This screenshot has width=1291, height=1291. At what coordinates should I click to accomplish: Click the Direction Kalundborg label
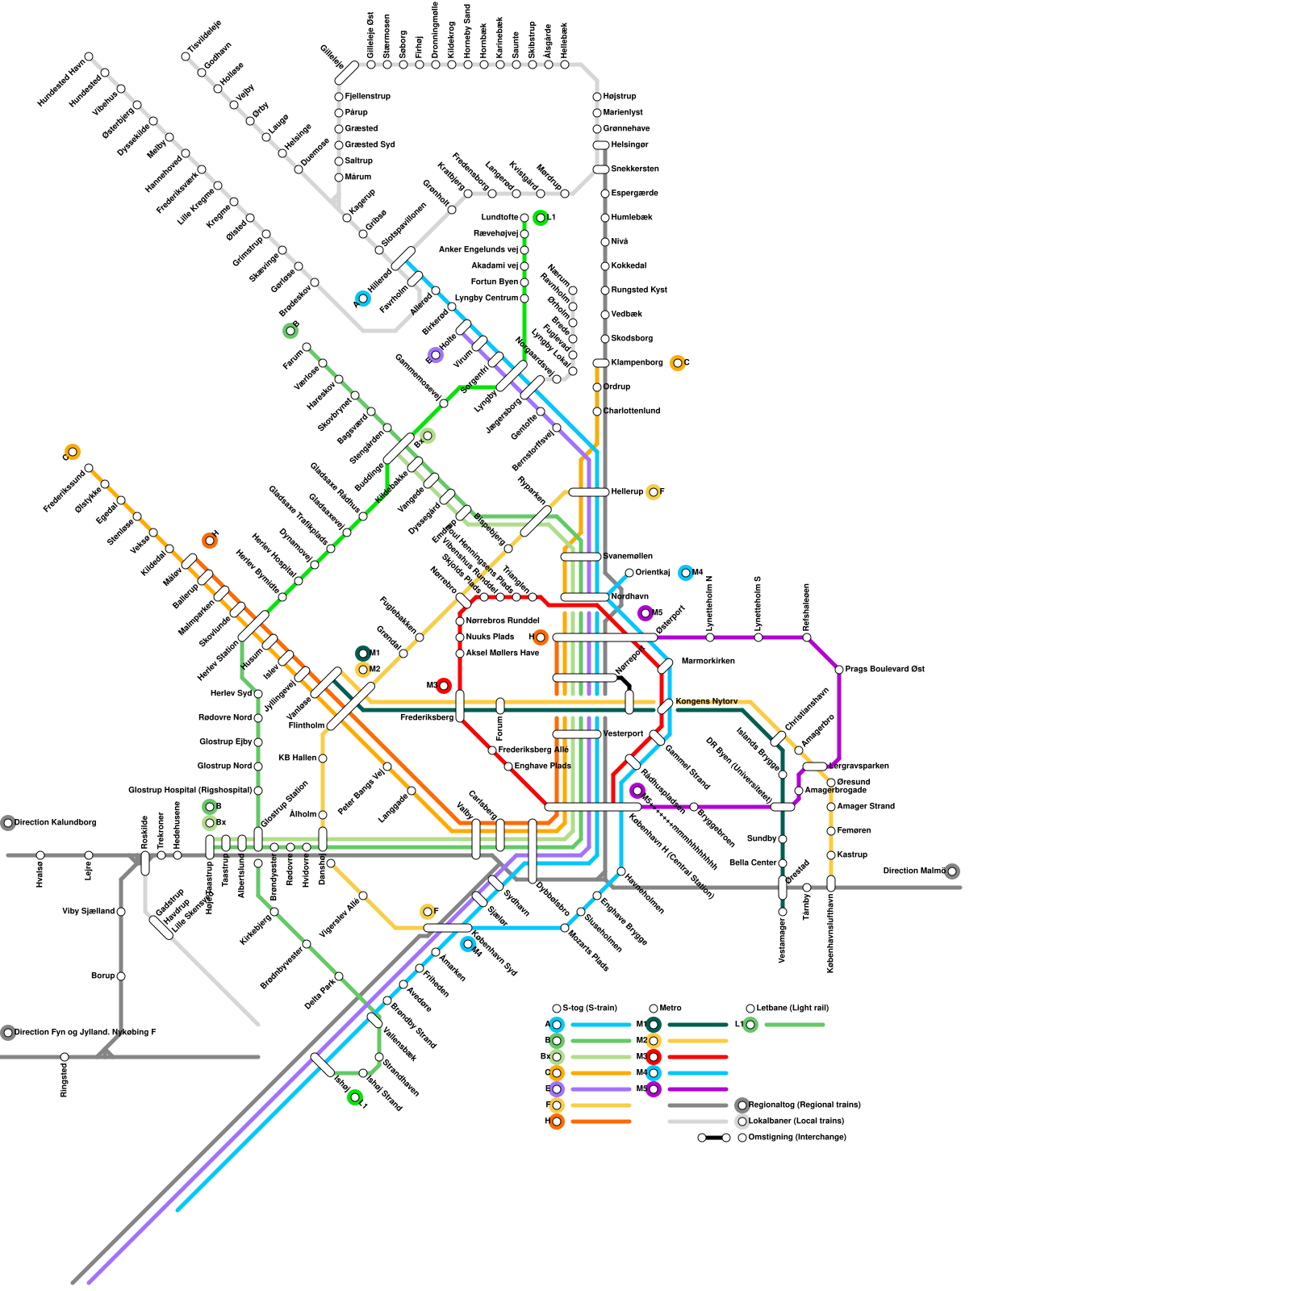(x=55, y=823)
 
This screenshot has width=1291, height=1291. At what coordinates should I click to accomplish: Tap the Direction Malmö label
(x=913, y=871)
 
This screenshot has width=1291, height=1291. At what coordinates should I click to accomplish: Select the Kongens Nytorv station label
(x=706, y=701)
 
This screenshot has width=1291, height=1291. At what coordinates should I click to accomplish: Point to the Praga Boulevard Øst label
(x=884, y=670)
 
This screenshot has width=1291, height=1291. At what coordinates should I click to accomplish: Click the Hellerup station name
(x=627, y=492)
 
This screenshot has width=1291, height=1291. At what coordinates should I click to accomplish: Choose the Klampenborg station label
(x=637, y=363)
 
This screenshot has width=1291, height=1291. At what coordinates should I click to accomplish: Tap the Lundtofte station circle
(x=524, y=218)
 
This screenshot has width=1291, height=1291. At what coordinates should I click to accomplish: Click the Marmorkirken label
(x=708, y=662)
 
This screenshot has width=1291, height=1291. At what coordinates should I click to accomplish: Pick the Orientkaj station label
(x=652, y=573)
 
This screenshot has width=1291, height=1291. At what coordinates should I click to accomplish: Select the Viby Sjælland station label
(x=88, y=912)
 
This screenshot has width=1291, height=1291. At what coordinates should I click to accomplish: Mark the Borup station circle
(x=121, y=976)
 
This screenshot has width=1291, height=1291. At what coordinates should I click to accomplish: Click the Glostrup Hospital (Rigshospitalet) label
(x=190, y=791)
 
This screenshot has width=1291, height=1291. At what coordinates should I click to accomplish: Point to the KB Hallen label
(x=297, y=758)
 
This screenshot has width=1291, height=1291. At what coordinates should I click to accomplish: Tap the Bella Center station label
(x=752, y=863)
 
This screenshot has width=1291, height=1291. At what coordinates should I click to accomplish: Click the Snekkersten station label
(x=634, y=169)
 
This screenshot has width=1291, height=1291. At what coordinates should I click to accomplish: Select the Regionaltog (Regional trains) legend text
(x=804, y=1105)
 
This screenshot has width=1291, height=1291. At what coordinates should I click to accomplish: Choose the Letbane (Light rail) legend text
(x=792, y=1009)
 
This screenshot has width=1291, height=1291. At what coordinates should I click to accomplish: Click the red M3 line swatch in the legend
(x=697, y=1057)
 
